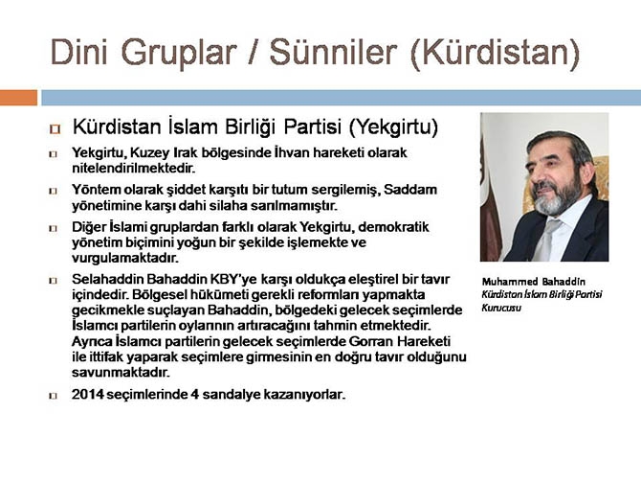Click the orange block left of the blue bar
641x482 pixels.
(x=18, y=97)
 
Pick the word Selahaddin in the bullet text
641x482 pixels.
(x=108, y=279)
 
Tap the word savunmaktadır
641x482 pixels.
(x=121, y=372)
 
